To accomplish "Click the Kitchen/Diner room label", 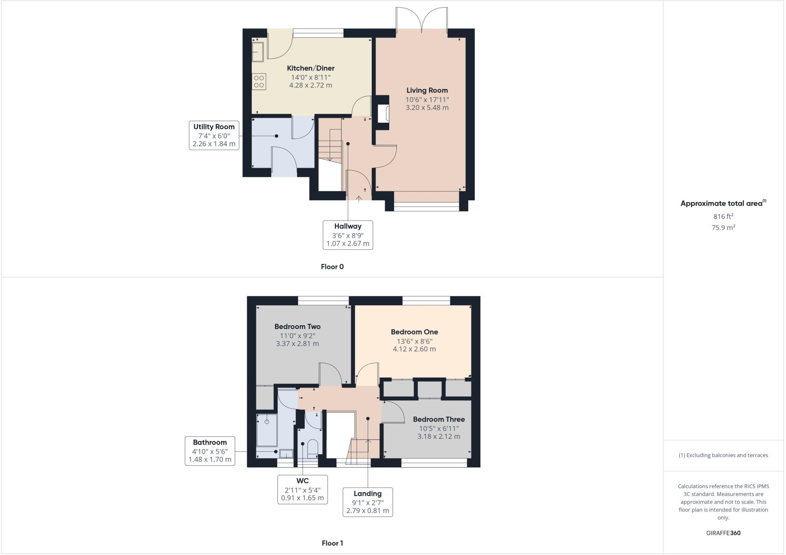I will pyautogui.click(x=310, y=68).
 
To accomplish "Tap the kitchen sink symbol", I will pyautogui.click(x=258, y=52).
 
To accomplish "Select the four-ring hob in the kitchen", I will pyautogui.click(x=259, y=81).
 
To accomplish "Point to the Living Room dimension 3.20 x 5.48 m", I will pyautogui.click(x=427, y=108).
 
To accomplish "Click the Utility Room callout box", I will pyautogui.click(x=214, y=135).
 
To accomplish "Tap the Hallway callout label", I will pyautogui.click(x=348, y=226).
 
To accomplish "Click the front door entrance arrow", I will pyautogui.click(x=359, y=199).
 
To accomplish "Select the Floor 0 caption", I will pyautogui.click(x=332, y=267).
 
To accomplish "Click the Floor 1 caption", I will pyautogui.click(x=332, y=543).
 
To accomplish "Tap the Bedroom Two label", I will pyautogui.click(x=297, y=326).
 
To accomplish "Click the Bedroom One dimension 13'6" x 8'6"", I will pyautogui.click(x=414, y=341).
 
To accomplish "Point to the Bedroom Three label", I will pyautogui.click(x=439, y=419).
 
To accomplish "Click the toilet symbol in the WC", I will pyautogui.click(x=313, y=448).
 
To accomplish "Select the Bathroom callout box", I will pyautogui.click(x=210, y=451).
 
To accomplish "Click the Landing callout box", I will pyautogui.click(x=368, y=502).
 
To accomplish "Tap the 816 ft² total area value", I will pyautogui.click(x=723, y=216).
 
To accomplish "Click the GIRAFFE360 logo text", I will pyautogui.click(x=723, y=533).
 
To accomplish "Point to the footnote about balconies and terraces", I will pyautogui.click(x=723, y=455).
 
